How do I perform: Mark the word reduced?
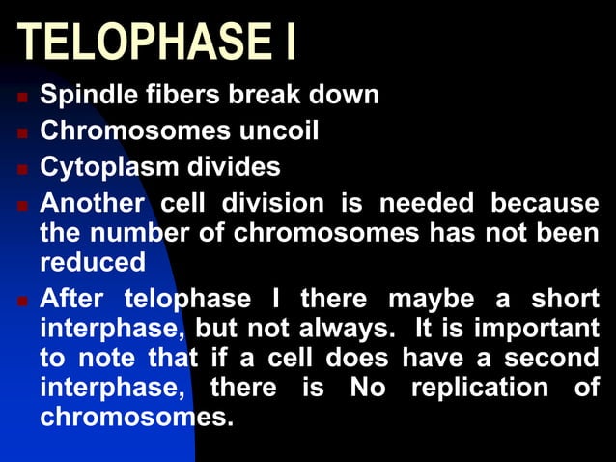coord(93,262)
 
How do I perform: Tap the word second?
coord(553,358)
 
